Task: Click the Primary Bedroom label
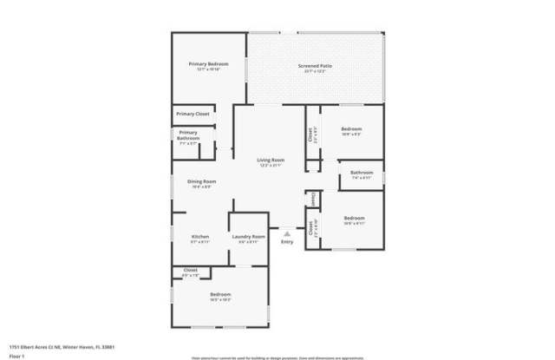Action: coord(209,64)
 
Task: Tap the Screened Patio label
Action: coord(314,66)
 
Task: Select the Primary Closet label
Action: coord(193,114)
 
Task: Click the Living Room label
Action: coord(271,160)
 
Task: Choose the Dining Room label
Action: coord(200,181)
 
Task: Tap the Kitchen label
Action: coord(200,237)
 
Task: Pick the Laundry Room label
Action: coord(248,237)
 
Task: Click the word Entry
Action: coord(287,241)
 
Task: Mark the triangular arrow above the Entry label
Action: coord(287,232)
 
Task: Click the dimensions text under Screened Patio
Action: coord(314,71)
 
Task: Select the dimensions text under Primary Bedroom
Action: coord(209,69)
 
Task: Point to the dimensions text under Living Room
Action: coord(271,165)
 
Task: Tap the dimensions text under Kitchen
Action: coord(200,242)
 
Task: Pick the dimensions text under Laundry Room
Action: coord(248,242)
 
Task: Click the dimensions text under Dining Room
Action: coord(200,187)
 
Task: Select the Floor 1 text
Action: coord(16,355)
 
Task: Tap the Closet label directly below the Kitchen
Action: coord(190,270)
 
